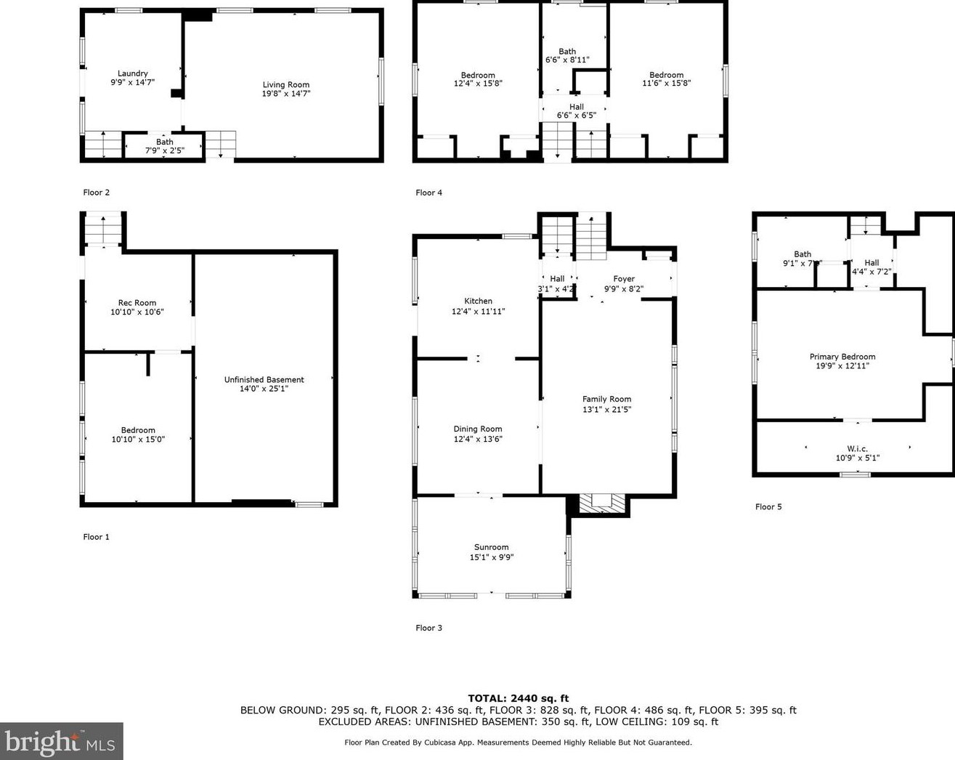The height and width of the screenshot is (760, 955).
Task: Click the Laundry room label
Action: click(132, 73)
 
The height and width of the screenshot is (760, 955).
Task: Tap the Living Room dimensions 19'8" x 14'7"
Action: click(285, 94)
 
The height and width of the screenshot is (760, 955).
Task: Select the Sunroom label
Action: click(491, 547)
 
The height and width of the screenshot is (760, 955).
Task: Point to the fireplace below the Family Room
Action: click(602, 504)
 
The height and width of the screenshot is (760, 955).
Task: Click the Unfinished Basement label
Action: click(264, 379)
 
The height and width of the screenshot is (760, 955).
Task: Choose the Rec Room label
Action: click(137, 303)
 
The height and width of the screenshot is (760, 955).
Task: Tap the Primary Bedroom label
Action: click(842, 357)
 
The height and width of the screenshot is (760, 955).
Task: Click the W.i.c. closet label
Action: click(857, 448)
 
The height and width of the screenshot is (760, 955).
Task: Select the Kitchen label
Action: click(478, 301)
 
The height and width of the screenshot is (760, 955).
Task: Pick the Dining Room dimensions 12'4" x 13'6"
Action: click(478, 439)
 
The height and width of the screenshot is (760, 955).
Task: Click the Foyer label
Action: click(624, 279)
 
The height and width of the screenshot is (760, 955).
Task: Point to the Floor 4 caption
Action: click(428, 193)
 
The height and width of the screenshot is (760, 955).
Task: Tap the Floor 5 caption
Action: click(768, 507)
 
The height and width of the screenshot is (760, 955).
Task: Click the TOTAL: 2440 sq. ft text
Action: click(518, 698)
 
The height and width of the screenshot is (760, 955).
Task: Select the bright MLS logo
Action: click(61, 741)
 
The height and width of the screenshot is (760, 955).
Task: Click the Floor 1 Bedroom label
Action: click(138, 430)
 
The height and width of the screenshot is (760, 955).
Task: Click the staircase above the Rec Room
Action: click(103, 230)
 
